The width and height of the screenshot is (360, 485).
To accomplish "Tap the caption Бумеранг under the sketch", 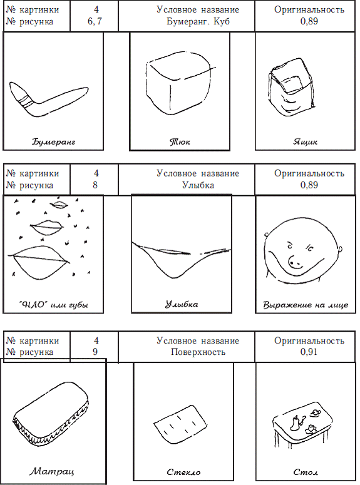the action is (x=53, y=142).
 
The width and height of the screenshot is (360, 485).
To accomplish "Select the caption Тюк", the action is (x=180, y=142).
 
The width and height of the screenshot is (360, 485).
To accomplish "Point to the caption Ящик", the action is (x=305, y=142).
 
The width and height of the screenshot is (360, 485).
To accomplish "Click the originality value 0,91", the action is (x=309, y=352).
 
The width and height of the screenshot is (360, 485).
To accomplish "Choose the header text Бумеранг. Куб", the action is (x=198, y=22).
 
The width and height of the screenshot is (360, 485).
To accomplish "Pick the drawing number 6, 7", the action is (x=95, y=22).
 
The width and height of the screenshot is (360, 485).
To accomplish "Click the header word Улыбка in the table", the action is (x=198, y=185).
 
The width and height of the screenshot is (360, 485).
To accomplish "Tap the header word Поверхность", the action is (x=198, y=352).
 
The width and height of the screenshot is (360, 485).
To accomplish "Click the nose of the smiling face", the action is (x=294, y=262).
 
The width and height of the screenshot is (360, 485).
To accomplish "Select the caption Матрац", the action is (x=52, y=472).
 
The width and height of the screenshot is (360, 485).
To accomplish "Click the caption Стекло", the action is (x=183, y=472).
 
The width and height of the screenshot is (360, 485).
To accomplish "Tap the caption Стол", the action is (x=306, y=472).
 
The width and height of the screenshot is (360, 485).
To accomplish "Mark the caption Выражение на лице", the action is (x=305, y=305).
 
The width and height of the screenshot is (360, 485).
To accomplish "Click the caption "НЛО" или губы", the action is (x=53, y=305).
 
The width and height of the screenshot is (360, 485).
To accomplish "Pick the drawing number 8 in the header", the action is (x=95, y=185).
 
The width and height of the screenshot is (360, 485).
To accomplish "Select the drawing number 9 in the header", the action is (x=95, y=352).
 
